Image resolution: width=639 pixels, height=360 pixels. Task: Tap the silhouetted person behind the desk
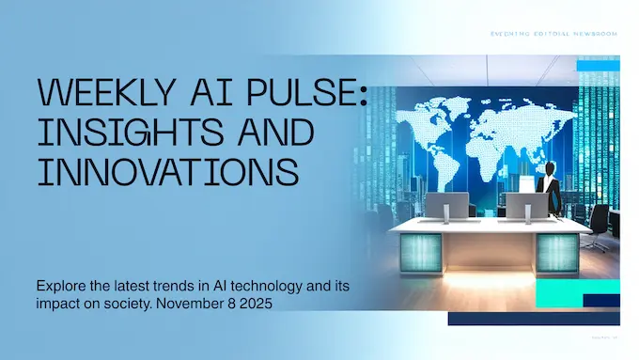point(551,188)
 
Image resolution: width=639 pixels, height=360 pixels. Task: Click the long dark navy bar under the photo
point(533,320)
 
